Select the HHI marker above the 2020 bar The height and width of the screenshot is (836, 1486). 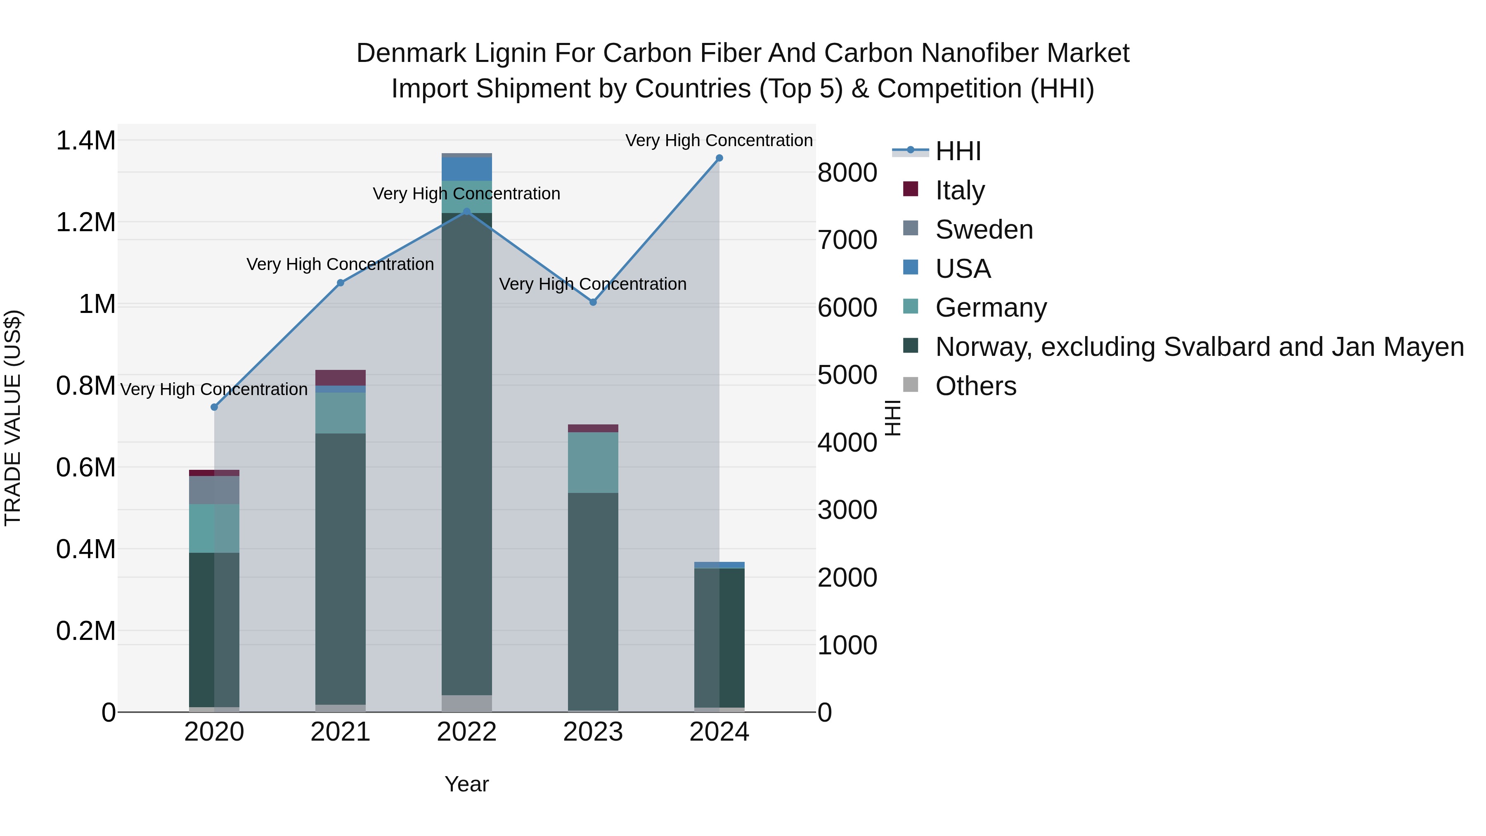(x=214, y=407)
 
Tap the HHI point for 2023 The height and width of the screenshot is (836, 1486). (x=593, y=302)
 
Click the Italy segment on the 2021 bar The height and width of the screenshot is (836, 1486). (x=341, y=378)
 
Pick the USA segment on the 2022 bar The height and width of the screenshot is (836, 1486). (x=467, y=169)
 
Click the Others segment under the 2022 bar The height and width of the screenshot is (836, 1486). (x=467, y=703)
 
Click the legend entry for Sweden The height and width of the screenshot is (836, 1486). (x=984, y=230)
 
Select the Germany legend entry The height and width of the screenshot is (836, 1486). (x=991, y=308)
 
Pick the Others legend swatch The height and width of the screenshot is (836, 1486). (x=910, y=385)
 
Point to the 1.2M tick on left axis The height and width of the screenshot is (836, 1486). (x=85, y=222)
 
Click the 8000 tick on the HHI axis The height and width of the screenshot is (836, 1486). (x=847, y=173)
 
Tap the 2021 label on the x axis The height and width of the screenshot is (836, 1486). (x=341, y=732)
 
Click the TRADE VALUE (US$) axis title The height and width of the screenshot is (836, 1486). (x=13, y=418)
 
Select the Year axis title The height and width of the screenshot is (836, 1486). (x=467, y=784)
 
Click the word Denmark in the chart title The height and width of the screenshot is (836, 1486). (x=411, y=53)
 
